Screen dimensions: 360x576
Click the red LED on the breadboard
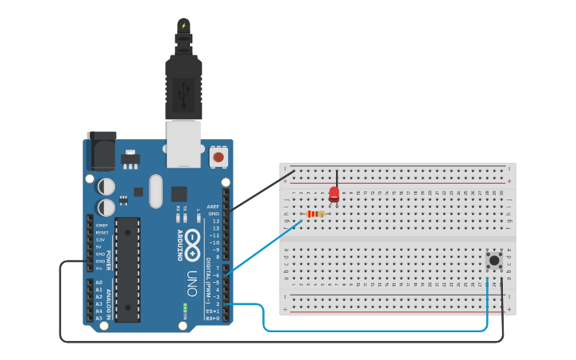334,194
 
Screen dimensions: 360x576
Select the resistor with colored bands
315,214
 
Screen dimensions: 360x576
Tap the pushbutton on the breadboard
494,259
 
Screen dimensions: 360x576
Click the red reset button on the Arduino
218,157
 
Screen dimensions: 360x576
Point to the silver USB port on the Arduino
184,143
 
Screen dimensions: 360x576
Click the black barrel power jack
101,151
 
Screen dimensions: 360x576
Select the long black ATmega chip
127,269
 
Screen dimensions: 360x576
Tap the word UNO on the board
191,284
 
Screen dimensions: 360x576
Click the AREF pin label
213,207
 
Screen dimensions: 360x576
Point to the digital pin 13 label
215,221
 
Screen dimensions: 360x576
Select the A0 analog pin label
99,282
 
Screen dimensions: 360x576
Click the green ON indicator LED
184,306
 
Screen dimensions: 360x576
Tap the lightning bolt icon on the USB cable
184,25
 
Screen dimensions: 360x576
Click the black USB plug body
184,87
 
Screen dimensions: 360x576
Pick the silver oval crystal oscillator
155,191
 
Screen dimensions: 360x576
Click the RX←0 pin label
212,318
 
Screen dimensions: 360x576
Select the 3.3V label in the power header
100,239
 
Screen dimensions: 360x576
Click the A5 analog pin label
99,318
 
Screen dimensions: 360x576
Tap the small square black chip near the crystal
179,192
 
